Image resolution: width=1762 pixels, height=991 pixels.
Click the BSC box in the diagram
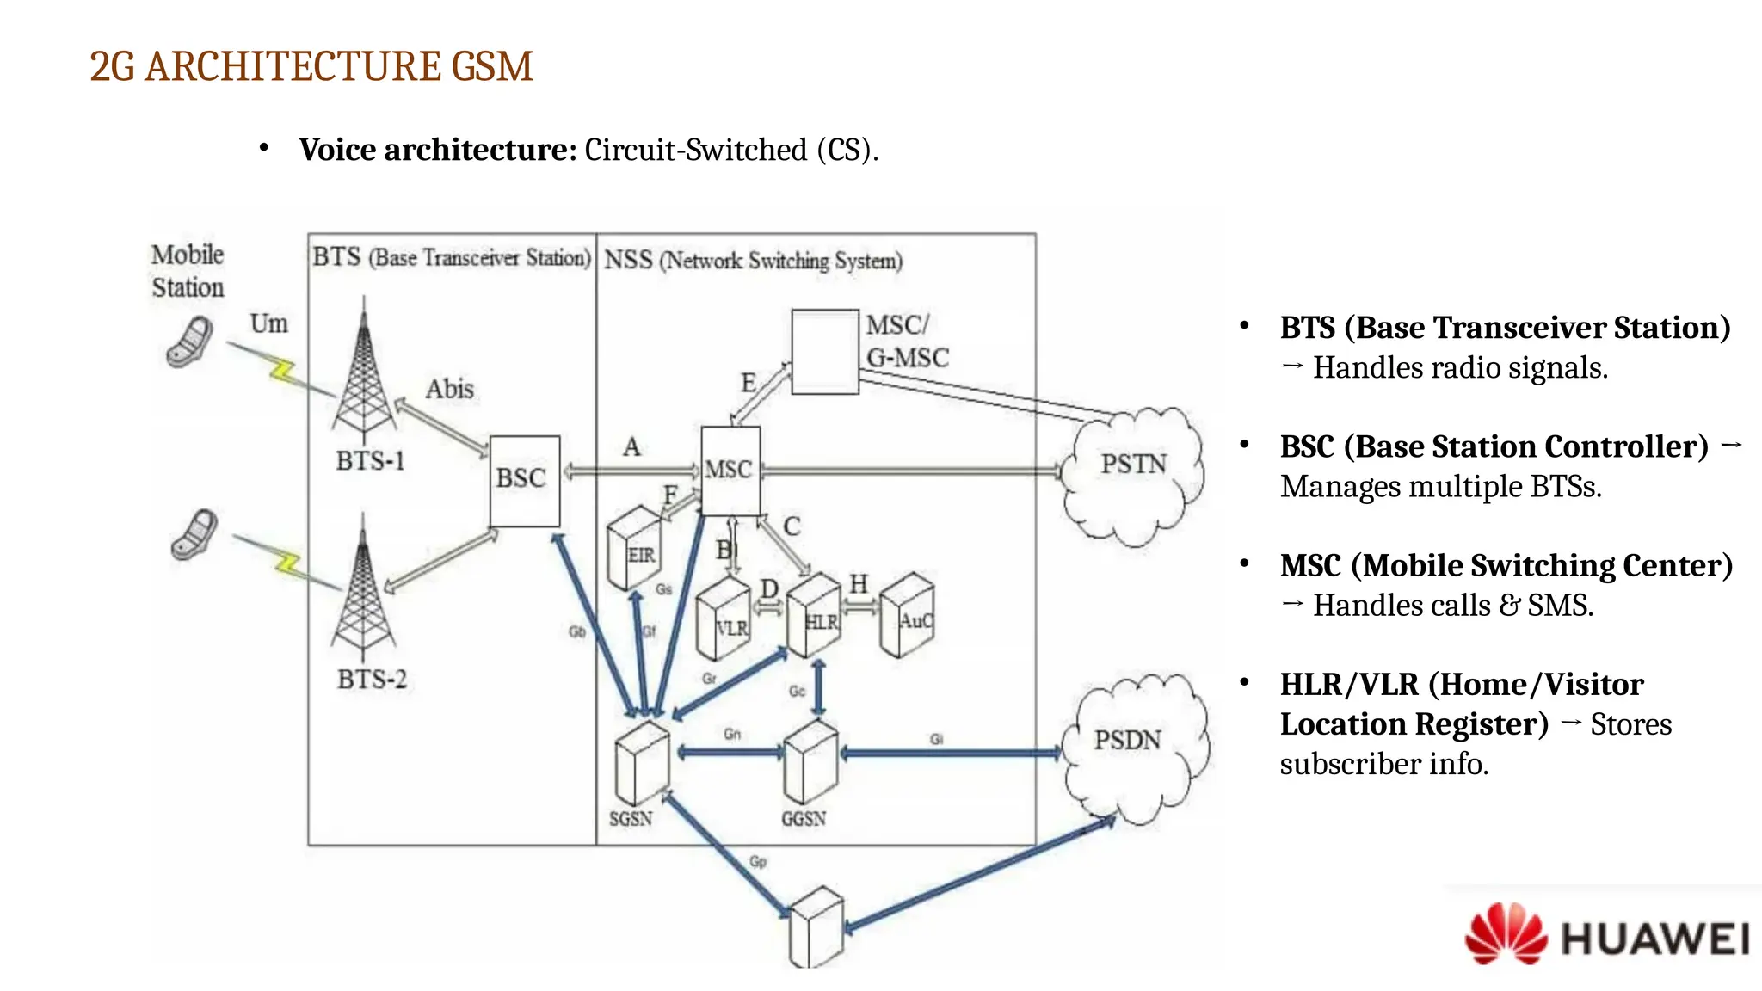(524, 480)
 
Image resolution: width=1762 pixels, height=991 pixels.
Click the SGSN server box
(641, 764)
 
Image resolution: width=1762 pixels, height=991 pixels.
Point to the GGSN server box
(810, 762)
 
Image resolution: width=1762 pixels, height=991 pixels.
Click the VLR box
(723, 620)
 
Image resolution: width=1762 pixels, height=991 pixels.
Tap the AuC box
(908, 616)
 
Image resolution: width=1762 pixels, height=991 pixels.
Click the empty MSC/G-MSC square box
(824, 352)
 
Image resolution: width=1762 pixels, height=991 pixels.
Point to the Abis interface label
(449, 389)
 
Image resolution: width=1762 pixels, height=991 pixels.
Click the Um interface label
(268, 323)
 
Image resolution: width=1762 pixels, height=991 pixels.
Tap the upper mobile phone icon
(191, 342)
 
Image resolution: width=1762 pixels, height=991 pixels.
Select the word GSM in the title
(492, 66)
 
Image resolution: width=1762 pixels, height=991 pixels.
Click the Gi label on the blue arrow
(936, 739)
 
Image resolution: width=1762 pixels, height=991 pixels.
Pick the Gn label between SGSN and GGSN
(731, 734)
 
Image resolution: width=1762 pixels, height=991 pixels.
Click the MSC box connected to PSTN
(730, 470)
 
